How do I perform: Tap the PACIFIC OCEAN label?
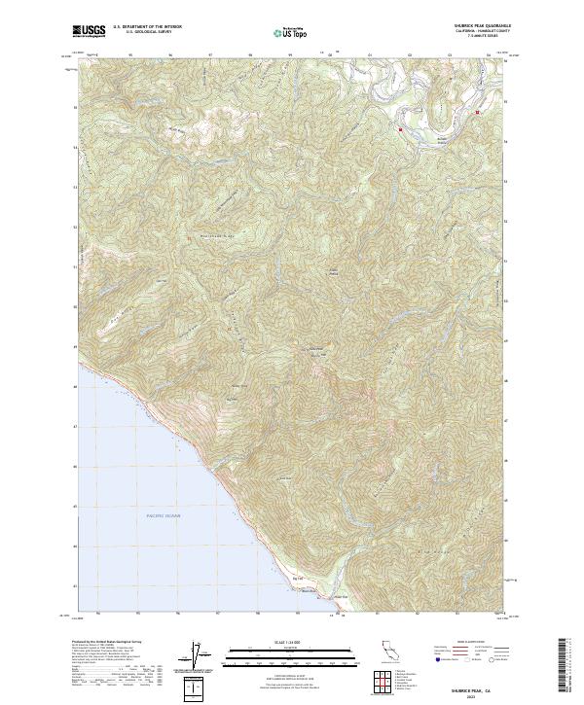point(164,515)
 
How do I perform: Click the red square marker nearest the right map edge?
point(477,113)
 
